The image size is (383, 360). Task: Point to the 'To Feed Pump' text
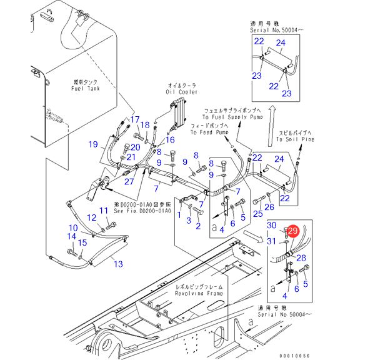click(210, 132)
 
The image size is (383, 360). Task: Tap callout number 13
click(117, 264)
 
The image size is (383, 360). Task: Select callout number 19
click(93, 145)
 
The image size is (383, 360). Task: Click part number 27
click(129, 181)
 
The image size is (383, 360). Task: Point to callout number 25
click(257, 214)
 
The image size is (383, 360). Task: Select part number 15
click(82, 242)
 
